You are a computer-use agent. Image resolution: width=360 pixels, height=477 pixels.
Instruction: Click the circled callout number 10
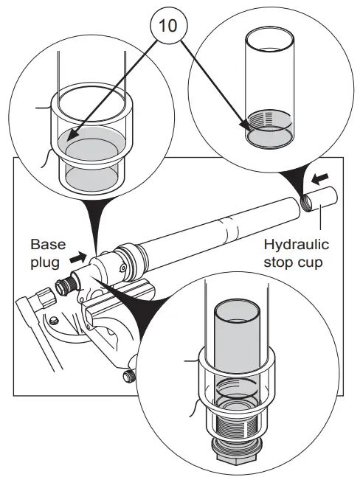168,25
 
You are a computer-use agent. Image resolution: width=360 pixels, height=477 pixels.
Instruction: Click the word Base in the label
48,245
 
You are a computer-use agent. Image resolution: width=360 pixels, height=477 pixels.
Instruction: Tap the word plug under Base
45,262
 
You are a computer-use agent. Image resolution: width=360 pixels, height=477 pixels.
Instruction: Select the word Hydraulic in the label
296,245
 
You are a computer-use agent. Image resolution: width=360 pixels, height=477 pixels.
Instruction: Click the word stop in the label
279,262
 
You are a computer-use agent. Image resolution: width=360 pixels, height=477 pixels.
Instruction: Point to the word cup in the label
311,263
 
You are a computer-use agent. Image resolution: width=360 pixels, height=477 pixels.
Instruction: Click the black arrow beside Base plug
78,258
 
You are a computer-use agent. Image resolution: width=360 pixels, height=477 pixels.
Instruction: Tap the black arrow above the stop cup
320,179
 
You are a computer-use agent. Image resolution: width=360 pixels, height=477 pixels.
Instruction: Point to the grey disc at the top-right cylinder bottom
269,137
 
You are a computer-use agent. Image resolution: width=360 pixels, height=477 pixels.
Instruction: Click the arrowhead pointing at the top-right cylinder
245,126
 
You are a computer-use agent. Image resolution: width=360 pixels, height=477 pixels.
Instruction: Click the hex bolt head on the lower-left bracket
54,320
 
